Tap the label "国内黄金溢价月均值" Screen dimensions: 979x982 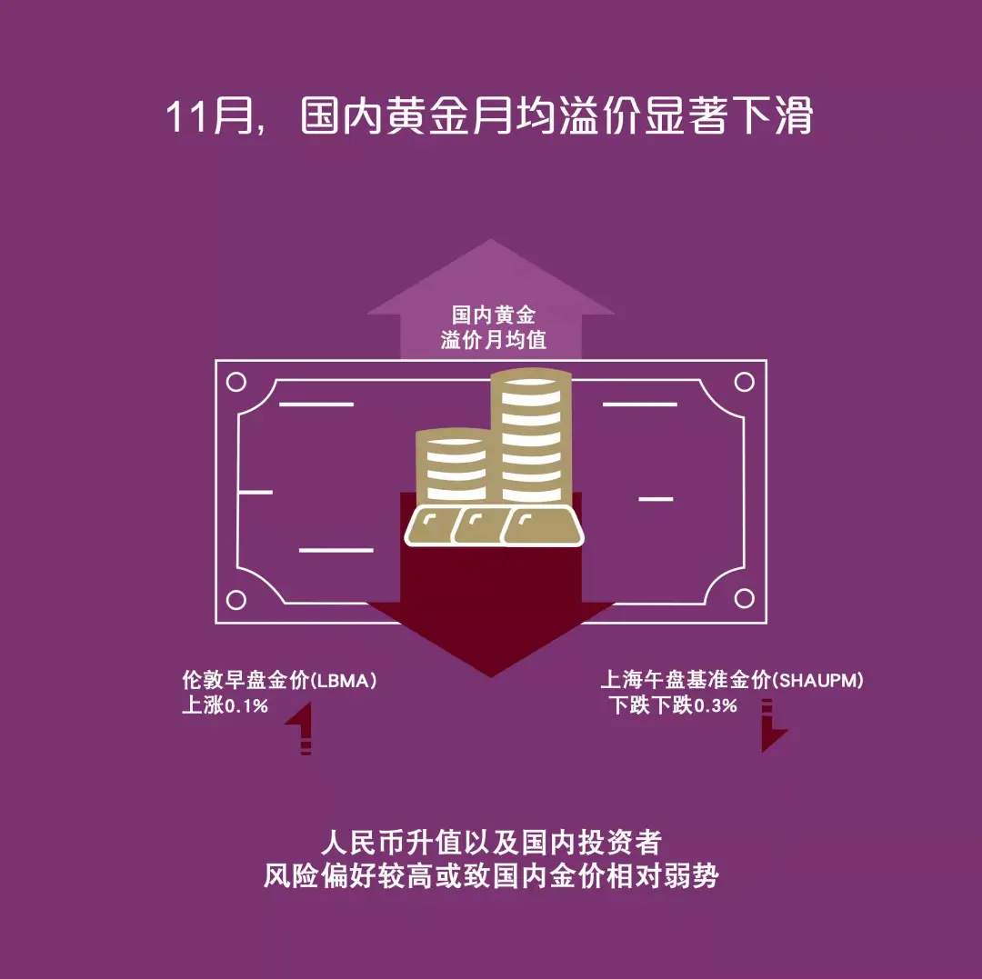click(x=493, y=328)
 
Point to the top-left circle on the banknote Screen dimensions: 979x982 click(x=235, y=382)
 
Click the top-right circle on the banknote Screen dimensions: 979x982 click(x=745, y=382)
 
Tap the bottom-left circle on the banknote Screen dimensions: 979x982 click(x=235, y=599)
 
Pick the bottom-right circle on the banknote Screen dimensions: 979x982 click(x=745, y=599)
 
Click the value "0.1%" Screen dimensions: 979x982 click(x=246, y=705)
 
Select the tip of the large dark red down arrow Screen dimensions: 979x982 click(x=491, y=674)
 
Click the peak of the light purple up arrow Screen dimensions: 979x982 click(x=491, y=243)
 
